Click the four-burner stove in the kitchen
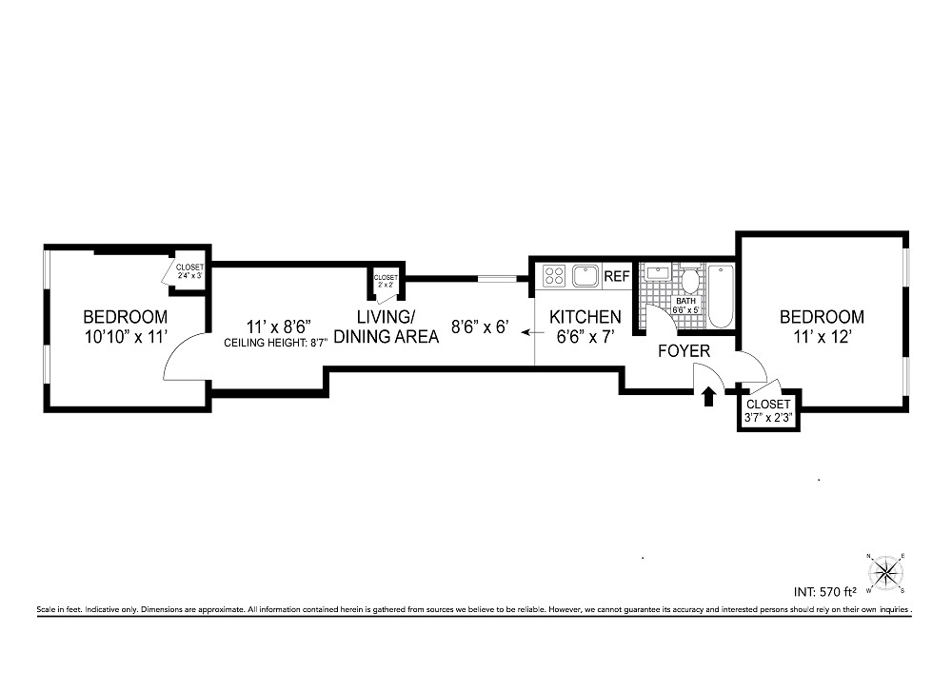[554, 277]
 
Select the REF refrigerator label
[617, 277]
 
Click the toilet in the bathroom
[689, 280]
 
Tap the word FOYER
[684, 351]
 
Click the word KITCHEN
[585, 316]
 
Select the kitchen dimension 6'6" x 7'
[585, 335]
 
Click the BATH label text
[685, 301]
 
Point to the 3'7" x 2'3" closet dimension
[770, 417]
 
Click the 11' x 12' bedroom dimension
[822, 335]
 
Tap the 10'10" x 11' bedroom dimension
[125, 335]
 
